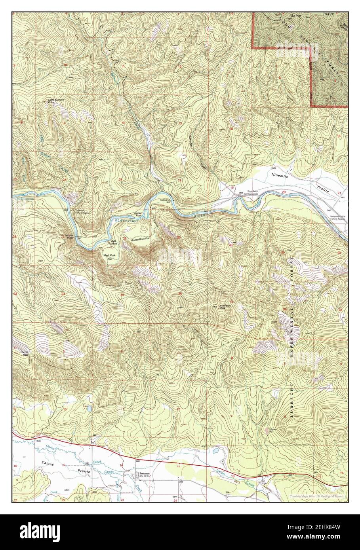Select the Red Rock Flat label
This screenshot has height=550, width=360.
[111, 257]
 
